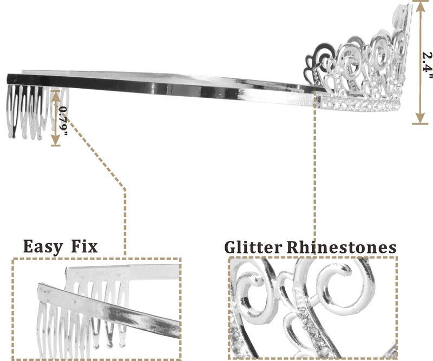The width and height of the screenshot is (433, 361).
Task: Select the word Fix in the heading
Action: tap(84, 247)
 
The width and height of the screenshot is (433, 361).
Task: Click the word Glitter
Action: tap(253, 248)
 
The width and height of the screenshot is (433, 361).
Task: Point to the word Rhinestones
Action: tap(341, 248)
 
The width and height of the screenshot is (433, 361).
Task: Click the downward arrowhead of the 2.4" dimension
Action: tap(419, 120)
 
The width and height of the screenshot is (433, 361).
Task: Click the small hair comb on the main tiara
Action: tap(27, 111)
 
